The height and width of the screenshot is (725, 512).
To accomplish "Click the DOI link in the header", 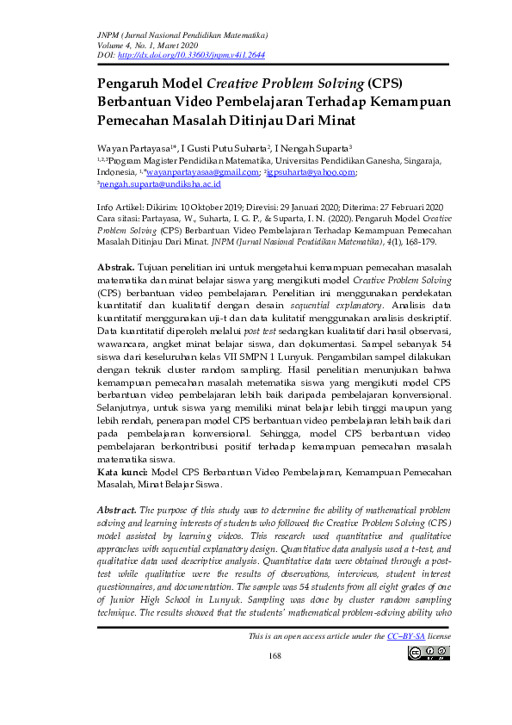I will tap(189, 53).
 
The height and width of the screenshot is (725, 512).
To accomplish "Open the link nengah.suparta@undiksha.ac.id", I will tap(161, 184).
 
